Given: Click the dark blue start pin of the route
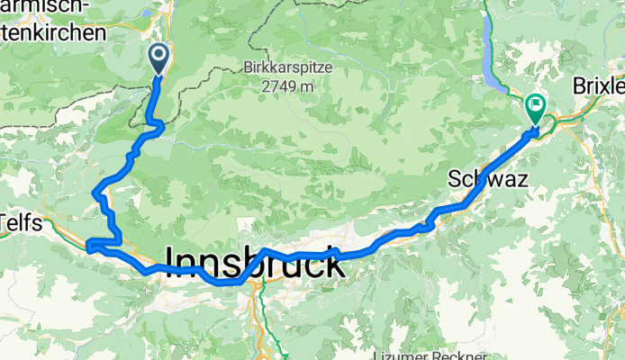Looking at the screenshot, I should [159, 59].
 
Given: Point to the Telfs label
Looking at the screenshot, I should [21, 222].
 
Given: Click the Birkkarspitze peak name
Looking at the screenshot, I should [287, 67].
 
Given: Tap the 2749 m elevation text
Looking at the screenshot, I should [288, 86].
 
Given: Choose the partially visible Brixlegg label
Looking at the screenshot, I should [599, 86].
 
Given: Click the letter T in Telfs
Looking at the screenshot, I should [5, 222].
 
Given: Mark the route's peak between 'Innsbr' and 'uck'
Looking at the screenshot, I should [264, 249].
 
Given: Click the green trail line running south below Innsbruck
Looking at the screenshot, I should [265, 319].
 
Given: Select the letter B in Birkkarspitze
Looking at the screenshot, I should [247, 67].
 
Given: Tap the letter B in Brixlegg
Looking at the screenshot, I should [579, 86].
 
